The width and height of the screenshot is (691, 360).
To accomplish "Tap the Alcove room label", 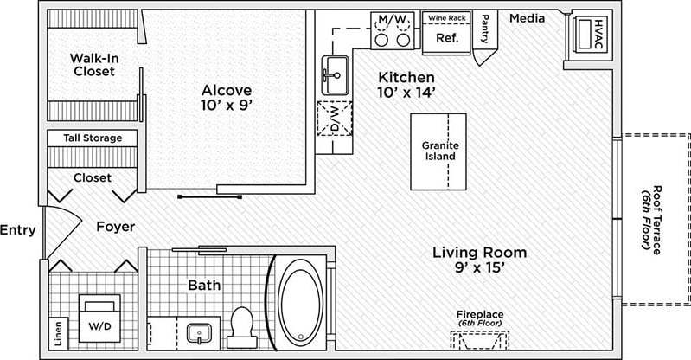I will click(227, 98).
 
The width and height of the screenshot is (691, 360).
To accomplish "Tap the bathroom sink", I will click(199, 332).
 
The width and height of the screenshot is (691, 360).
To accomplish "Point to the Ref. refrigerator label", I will click(446, 38).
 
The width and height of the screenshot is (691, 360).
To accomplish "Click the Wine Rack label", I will click(446, 16).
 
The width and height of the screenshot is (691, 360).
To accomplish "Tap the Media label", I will click(526, 17).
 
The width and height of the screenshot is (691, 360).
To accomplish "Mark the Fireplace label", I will click(480, 315).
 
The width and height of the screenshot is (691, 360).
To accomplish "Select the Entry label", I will click(17, 230).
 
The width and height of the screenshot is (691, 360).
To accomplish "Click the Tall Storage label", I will click(93, 138).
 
